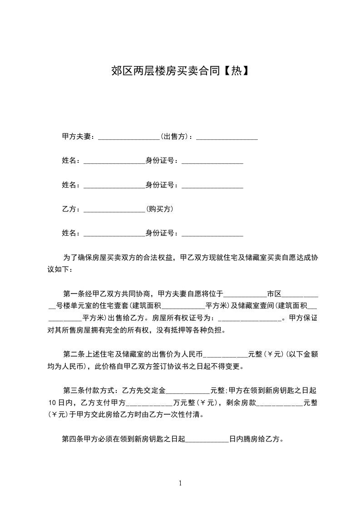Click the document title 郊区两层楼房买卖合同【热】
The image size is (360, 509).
180,71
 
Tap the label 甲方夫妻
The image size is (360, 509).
77,137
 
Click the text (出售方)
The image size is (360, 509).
175,137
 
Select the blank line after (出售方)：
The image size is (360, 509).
227,138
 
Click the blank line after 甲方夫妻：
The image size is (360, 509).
128,138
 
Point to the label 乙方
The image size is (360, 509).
69,209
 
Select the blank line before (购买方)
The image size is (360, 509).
114,211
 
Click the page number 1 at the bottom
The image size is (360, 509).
180,483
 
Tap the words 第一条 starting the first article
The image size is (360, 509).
73,293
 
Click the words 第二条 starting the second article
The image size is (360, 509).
73,354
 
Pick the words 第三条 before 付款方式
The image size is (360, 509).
73,390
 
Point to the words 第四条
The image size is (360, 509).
72,439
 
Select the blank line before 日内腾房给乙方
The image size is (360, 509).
207,440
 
